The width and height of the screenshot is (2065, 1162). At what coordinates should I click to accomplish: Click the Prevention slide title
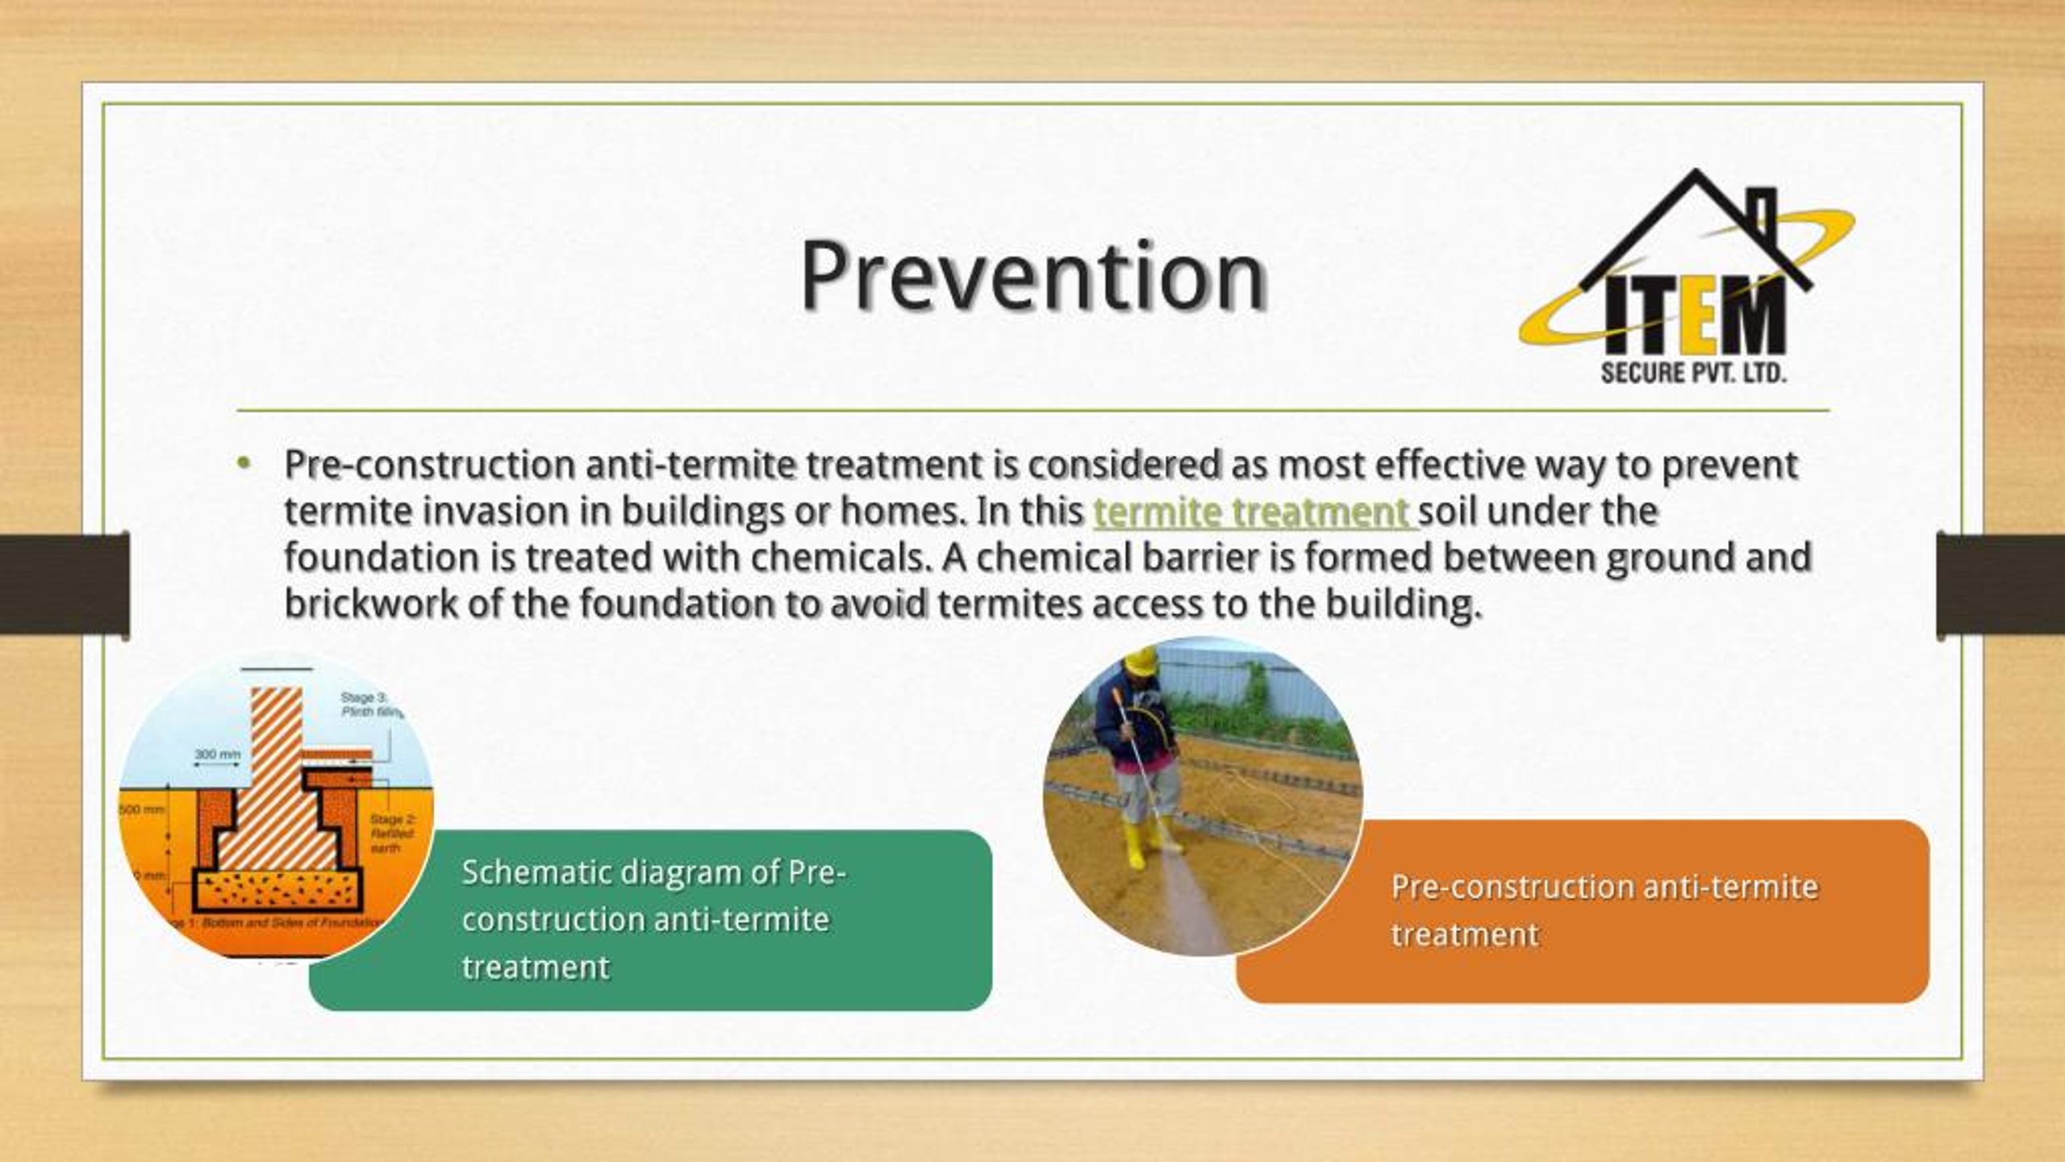(1032, 277)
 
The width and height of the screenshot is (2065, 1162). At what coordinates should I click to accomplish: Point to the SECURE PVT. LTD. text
(1693, 374)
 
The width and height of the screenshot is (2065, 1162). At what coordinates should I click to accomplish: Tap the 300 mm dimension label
(217, 754)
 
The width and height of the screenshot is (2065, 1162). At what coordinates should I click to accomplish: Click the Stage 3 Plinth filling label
(368, 704)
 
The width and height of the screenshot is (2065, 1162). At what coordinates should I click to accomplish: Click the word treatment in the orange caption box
(1465, 934)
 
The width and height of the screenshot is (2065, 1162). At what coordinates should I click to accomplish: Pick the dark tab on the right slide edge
(2000, 583)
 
